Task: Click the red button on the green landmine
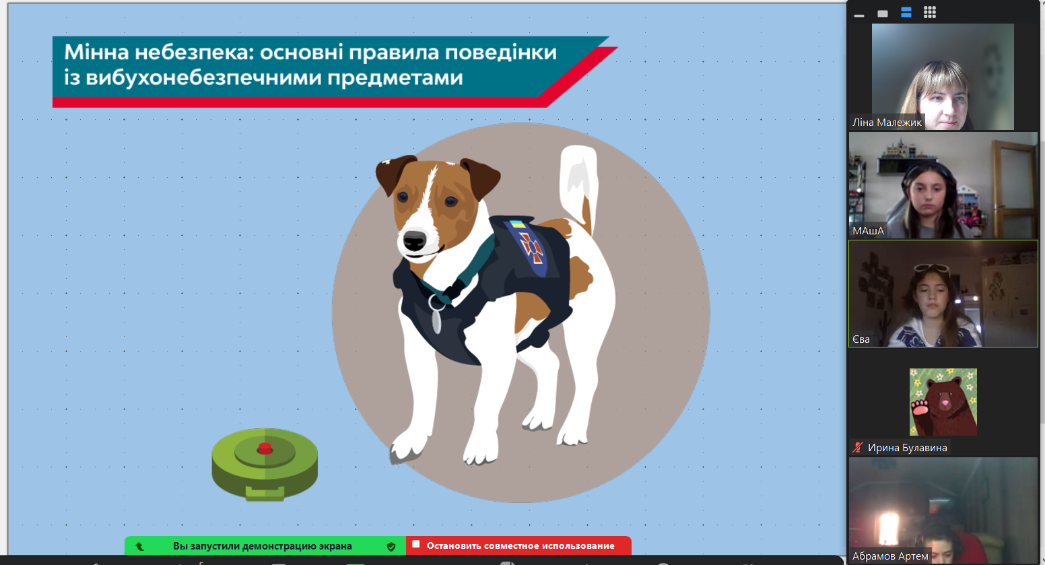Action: click(265, 448)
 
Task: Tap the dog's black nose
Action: click(414, 240)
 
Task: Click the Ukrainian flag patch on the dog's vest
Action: click(516, 224)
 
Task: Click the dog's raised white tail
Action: click(578, 187)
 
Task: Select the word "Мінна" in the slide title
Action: click(96, 53)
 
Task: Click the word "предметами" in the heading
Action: click(395, 78)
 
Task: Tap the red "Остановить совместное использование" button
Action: click(518, 546)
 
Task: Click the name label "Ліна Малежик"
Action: click(887, 123)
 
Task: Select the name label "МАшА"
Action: click(868, 230)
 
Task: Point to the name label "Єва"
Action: click(861, 339)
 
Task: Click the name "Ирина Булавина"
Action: click(908, 448)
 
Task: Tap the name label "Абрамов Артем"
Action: click(890, 556)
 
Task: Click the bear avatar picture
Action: click(943, 402)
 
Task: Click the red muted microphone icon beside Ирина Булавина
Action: click(857, 447)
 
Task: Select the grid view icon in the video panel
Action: click(930, 13)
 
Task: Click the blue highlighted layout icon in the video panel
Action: click(906, 13)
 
